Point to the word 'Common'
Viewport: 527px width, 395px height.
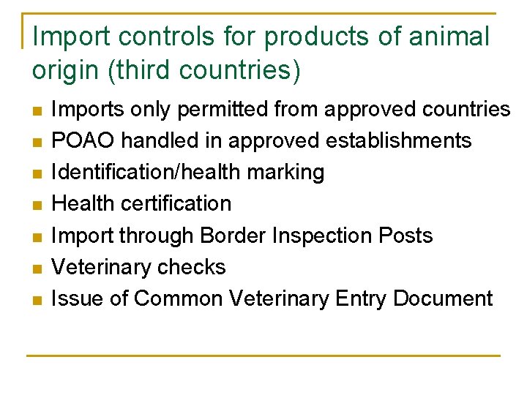[x=179, y=298]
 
